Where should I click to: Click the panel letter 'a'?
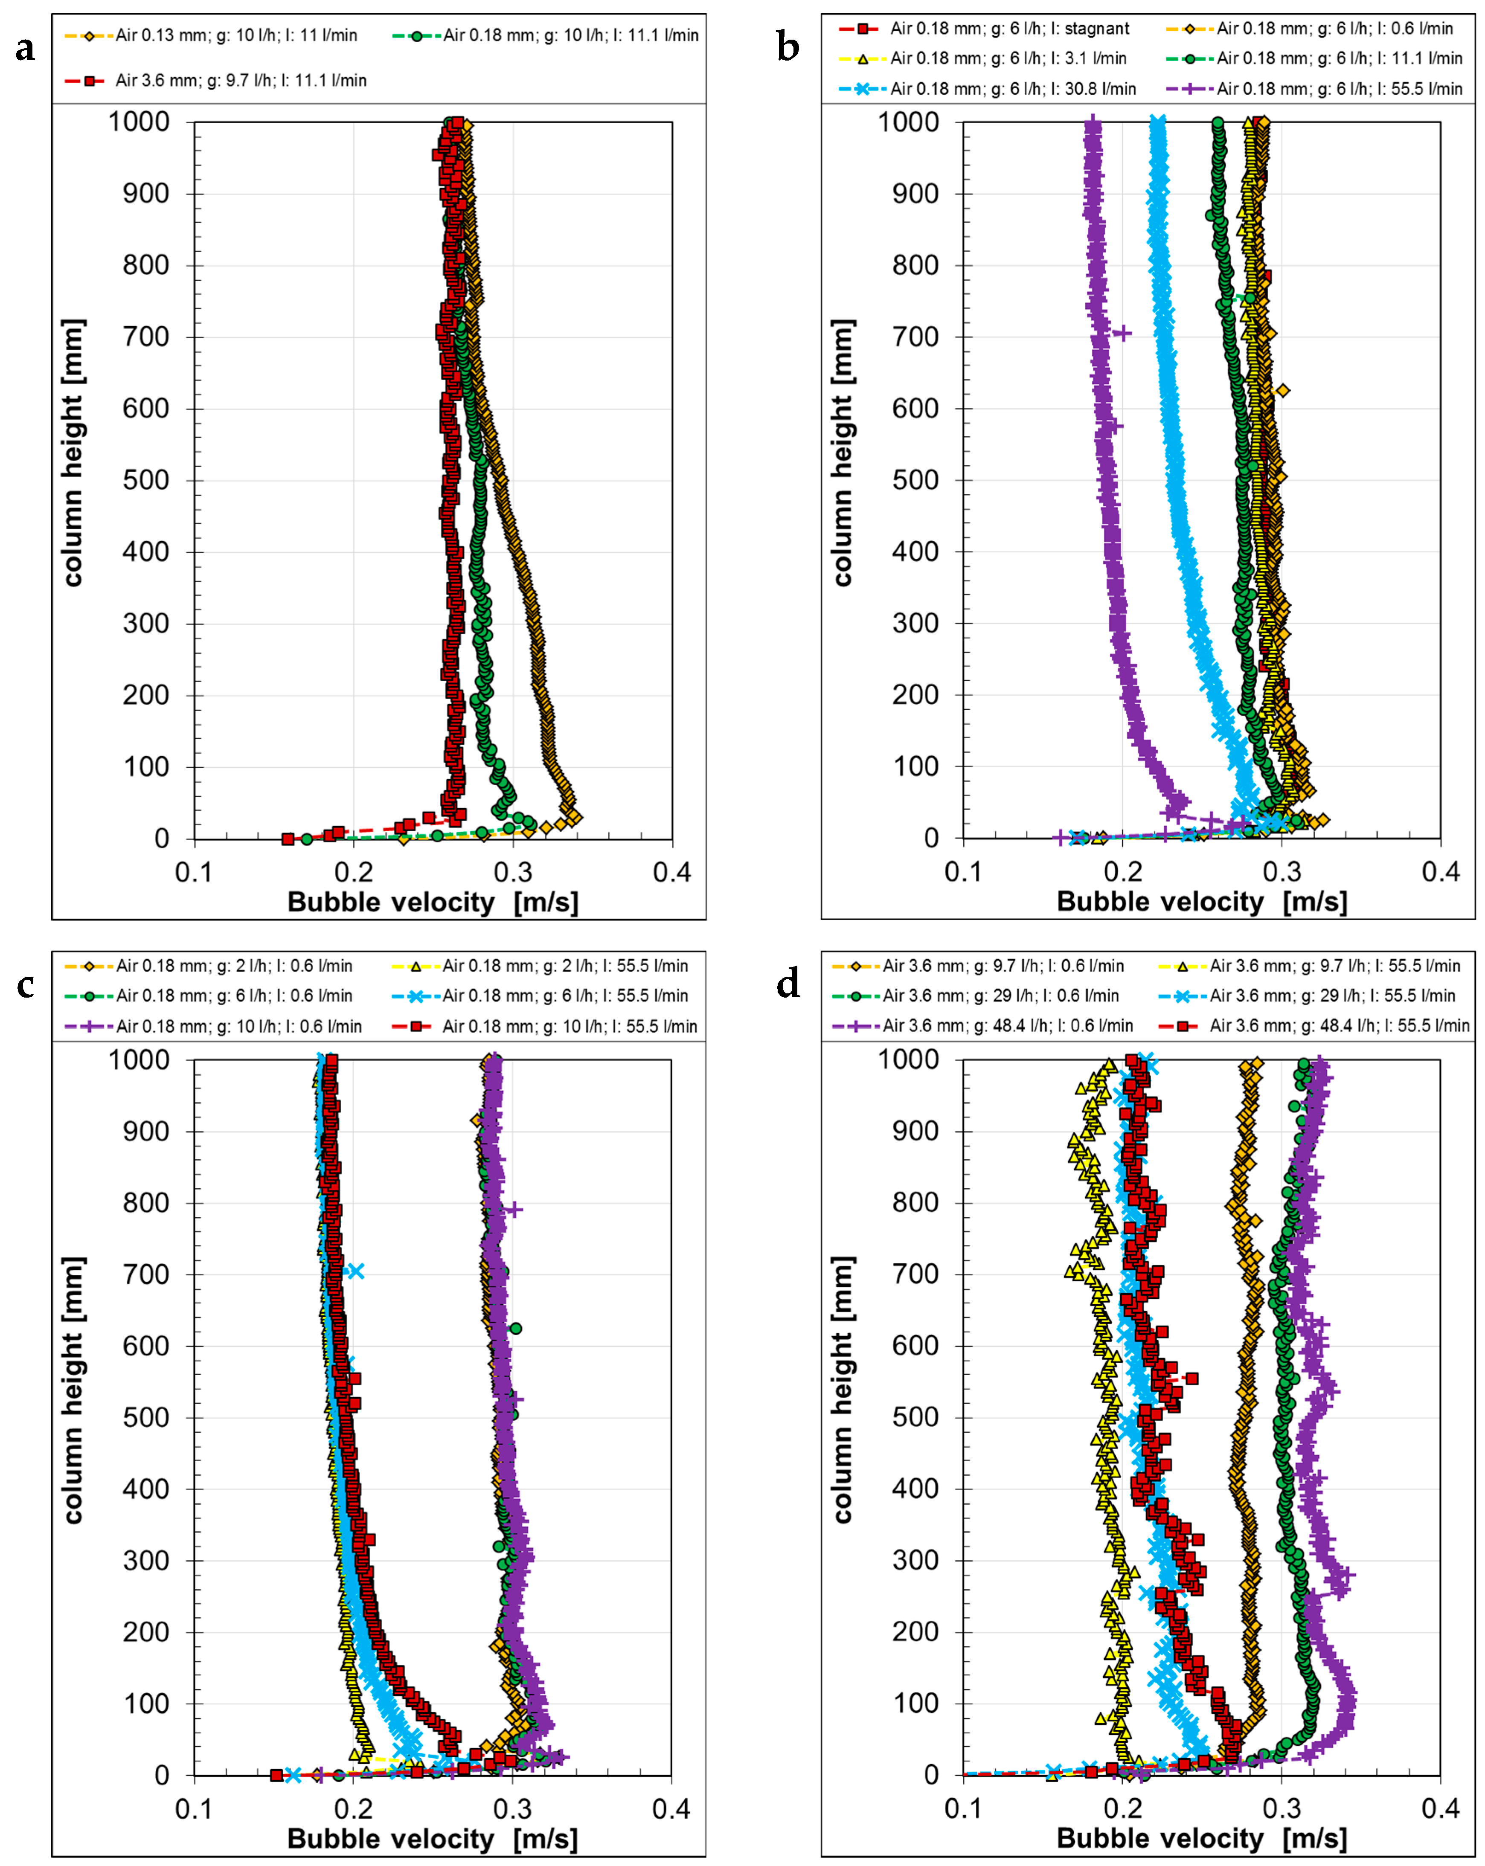(25, 49)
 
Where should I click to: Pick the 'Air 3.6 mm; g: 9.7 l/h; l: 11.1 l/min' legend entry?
(240, 81)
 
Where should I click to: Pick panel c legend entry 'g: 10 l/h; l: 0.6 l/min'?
(238, 1027)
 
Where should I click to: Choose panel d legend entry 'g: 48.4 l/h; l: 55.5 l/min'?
(1339, 1027)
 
